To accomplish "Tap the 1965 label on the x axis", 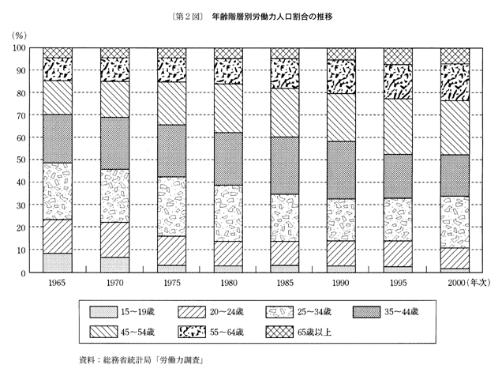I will coord(58,283).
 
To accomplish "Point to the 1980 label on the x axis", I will coord(229,283).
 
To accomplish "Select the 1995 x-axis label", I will coord(399,283).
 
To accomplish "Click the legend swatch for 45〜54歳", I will coord(104,332).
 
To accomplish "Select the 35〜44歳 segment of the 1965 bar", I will coord(58,139).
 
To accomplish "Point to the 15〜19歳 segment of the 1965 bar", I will coord(58,262).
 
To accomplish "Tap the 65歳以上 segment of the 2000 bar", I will coord(455,55).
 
